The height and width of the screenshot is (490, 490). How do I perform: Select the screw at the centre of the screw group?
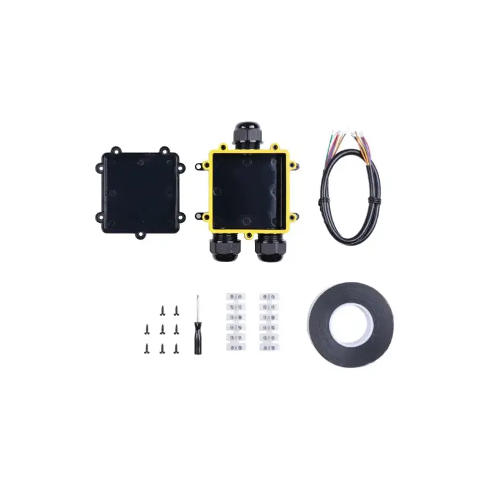162,330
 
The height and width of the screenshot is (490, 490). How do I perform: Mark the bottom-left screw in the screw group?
148,349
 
